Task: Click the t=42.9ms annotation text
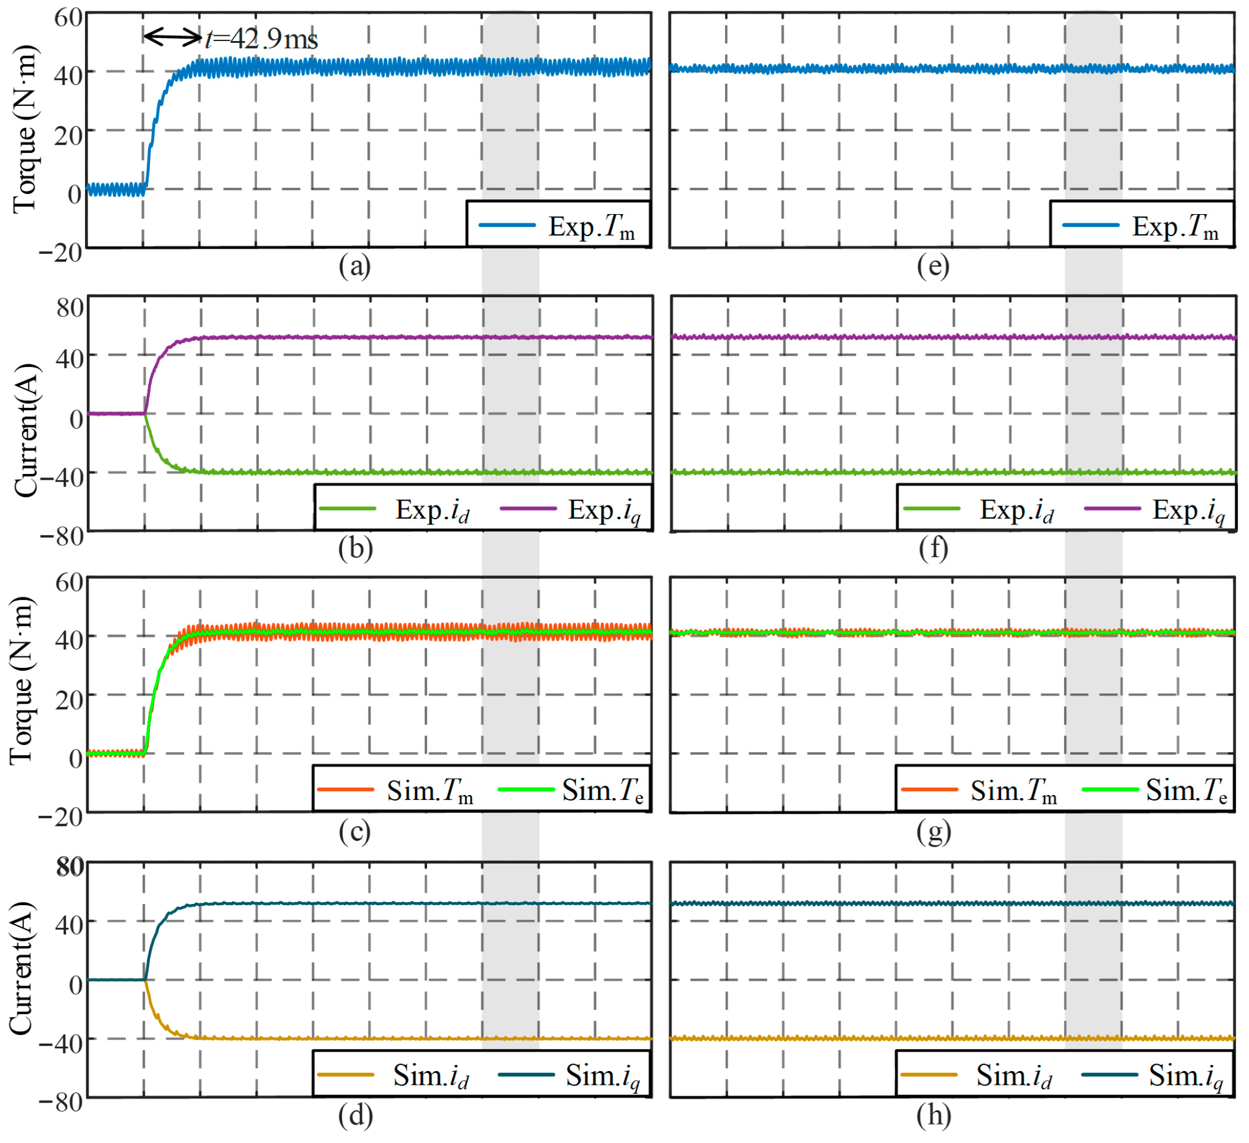[x=262, y=39]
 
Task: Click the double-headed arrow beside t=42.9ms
[x=173, y=37]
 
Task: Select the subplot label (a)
[x=355, y=266]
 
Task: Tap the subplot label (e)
[x=933, y=266]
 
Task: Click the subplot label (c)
[x=355, y=831]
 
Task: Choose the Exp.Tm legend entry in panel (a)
[x=558, y=226]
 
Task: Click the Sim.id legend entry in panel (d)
[x=393, y=1076]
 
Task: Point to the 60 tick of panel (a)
[x=68, y=17]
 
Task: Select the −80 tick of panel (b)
[x=61, y=536]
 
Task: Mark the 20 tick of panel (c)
[x=69, y=699]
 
